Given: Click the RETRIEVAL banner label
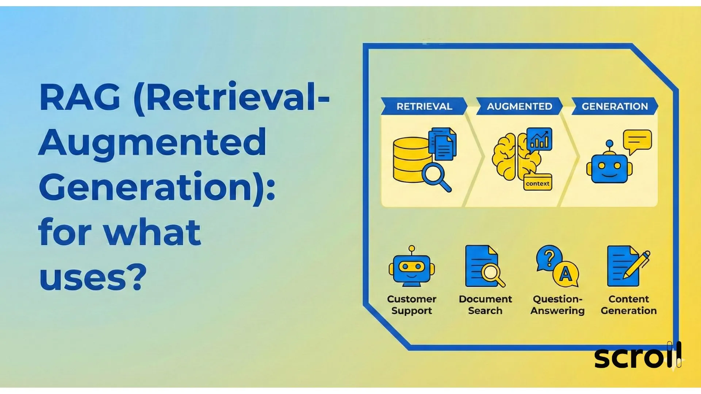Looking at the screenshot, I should click(424, 106).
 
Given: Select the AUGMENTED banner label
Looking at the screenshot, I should click(519, 106).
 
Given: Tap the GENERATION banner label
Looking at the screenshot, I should click(614, 106).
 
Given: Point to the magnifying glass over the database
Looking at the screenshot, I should click(434, 174).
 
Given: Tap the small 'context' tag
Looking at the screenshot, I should click(537, 184).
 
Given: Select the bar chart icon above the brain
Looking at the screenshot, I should click(539, 139).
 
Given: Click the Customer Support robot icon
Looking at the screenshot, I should click(412, 267).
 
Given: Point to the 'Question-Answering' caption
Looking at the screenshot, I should click(558, 305).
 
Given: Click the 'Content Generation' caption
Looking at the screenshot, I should click(629, 305).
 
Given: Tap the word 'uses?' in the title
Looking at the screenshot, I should click(93, 278).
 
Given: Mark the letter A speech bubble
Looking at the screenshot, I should click(566, 274).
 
